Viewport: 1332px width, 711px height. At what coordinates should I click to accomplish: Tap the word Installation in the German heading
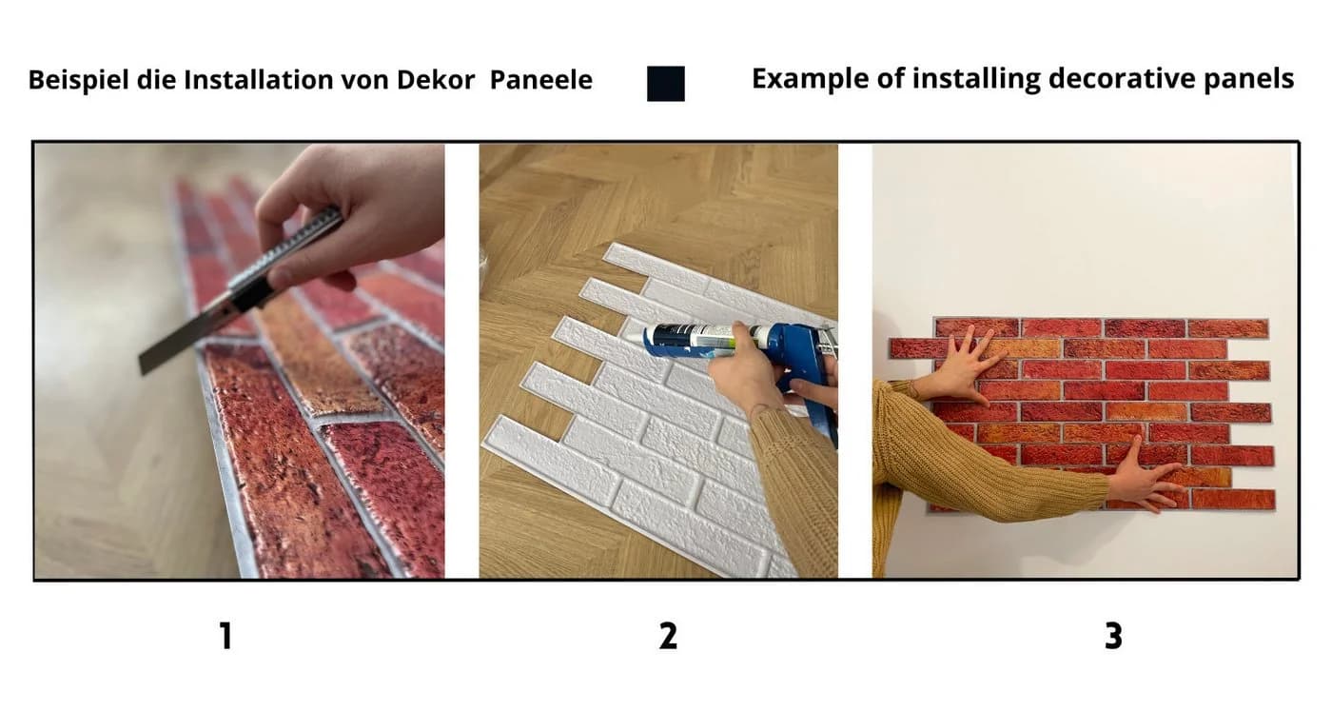(x=259, y=80)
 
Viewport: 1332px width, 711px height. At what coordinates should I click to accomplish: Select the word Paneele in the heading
(x=541, y=80)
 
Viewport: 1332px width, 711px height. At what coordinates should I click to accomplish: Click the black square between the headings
(x=666, y=84)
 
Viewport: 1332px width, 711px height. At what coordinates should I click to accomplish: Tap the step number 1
(x=225, y=636)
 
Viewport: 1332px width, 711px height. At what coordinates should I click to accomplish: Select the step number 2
(x=668, y=636)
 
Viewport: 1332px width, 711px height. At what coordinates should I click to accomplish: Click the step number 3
(x=1113, y=636)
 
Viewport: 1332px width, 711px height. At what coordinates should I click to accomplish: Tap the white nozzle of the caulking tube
(x=637, y=337)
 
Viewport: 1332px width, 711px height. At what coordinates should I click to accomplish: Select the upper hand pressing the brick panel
(x=963, y=365)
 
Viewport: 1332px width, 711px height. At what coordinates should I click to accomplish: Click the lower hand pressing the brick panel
(x=1142, y=479)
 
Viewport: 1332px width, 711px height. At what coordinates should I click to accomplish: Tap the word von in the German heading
(x=364, y=80)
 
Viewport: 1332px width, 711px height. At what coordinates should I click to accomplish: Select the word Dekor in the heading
(x=436, y=80)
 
